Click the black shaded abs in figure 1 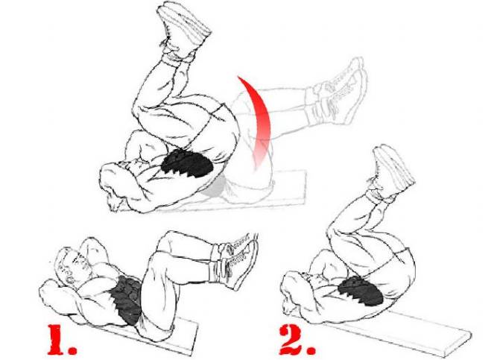[x=129, y=300]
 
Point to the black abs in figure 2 [x=361, y=291]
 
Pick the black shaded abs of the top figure [x=187, y=163]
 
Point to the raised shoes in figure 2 [x=390, y=172]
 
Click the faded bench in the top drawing [x=255, y=195]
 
